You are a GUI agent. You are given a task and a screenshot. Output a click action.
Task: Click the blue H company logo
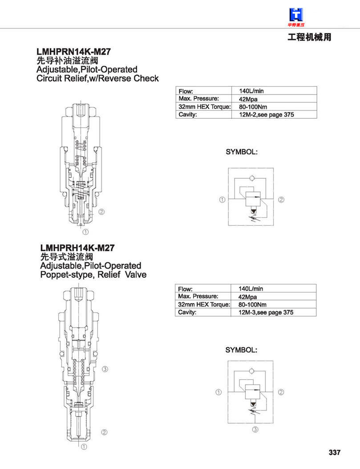pyautogui.click(x=296, y=15)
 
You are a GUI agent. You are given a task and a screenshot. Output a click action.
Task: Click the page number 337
pyautogui.click(x=335, y=452)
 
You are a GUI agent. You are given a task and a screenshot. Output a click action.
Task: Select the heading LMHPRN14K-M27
pyautogui.click(x=74, y=52)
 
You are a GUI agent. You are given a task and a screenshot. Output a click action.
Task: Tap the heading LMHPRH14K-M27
pyautogui.click(x=77, y=248)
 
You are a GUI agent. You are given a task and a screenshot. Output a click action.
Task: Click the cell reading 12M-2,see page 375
pyautogui.click(x=266, y=115)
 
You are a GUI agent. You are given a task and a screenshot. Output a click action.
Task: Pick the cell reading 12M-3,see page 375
pyautogui.click(x=266, y=312)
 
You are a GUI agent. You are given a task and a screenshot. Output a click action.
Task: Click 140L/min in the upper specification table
pyautogui.click(x=251, y=91)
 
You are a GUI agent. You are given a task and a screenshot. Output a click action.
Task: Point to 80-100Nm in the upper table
pyautogui.click(x=253, y=107)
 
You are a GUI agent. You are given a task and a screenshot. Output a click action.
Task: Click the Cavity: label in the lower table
pyautogui.click(x=187, y=312)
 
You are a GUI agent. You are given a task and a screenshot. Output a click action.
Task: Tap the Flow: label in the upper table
pyautogui.click(x=186, y=91)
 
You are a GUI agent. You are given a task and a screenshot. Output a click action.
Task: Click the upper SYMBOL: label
pyautogui.click(x=241, y=152)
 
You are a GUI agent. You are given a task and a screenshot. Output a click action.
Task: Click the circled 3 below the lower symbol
pyautogui.click(x=255, y=429)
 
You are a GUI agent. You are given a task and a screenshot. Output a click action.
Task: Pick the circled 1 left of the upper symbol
pyautogui.click(x=222, y=200)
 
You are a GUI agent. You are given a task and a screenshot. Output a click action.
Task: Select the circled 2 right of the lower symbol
pyautogui.click(x=281, y=392)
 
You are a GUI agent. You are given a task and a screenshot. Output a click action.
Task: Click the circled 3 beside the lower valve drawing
pyautogui.click(x=105, y=369)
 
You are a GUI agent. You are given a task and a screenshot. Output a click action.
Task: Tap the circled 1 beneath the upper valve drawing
pyautogui.click(x=85, y=232)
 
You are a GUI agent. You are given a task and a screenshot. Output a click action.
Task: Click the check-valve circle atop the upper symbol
pyautogui.click(x=251, y=178)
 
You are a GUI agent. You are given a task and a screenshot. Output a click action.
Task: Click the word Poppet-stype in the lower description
pyautogui.click(x=66, y=275)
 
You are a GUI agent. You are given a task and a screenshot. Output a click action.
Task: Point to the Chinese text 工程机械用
pyautogui.click(x=309, y=37)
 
